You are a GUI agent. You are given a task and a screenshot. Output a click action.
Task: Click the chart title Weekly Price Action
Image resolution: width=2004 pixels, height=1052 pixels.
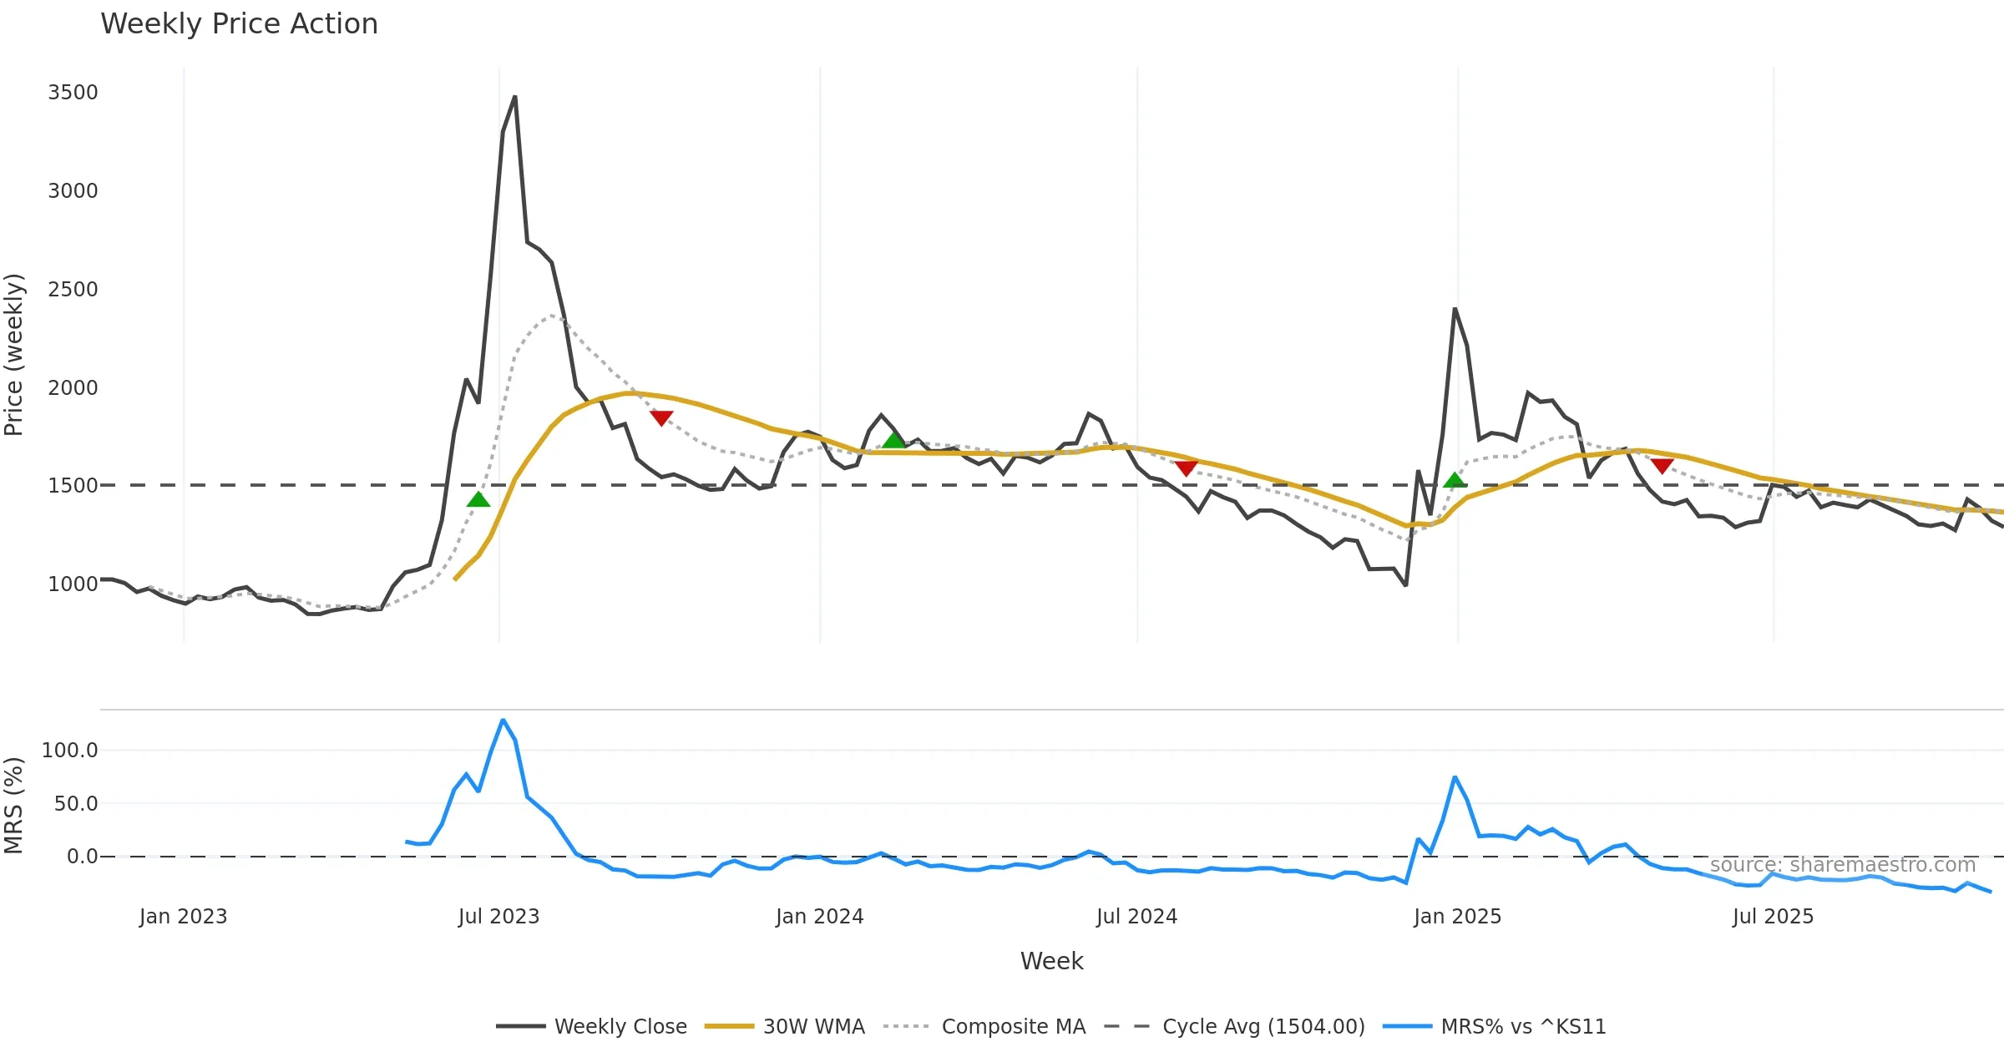[x=239, y=24]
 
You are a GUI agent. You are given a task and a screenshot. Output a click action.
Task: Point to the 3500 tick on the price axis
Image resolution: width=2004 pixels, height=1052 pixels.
[x=73, y=93]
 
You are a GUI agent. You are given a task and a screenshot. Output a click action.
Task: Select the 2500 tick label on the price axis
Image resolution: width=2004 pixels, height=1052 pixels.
[x=73, y=290]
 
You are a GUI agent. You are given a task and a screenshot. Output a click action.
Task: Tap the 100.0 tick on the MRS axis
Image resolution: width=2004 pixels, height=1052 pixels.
[x=70, y=751]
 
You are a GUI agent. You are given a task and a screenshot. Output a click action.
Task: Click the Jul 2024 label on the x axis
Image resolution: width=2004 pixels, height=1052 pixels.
[x=1136, y=917]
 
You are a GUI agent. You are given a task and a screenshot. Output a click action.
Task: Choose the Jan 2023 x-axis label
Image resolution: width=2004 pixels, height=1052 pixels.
[x=183, y=917]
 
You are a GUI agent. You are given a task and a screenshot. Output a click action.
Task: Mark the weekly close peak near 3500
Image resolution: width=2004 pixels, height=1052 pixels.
[x=514, y=97]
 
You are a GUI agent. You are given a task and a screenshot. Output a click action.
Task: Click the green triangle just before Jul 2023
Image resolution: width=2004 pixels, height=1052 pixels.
[x=478, y=499]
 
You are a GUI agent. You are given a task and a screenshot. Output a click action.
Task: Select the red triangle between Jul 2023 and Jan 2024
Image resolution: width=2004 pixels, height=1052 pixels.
[x=661, y=417]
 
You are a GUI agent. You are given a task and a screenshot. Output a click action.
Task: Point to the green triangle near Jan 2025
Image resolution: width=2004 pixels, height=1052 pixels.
[x=1455, y=480]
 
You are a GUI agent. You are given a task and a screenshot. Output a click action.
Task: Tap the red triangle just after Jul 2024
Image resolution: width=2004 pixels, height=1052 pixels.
[x=1186, y=468]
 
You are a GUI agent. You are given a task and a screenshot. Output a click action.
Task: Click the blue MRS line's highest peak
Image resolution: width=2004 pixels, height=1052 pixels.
[x=503, y=720]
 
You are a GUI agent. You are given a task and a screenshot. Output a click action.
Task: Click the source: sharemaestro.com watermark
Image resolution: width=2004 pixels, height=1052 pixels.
[x=1842, y=865]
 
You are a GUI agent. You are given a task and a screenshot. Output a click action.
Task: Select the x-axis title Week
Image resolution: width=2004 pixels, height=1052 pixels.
[x=1051, y=962]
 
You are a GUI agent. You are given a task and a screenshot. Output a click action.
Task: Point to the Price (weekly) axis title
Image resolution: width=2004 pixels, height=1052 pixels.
[x=14, y=355]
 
